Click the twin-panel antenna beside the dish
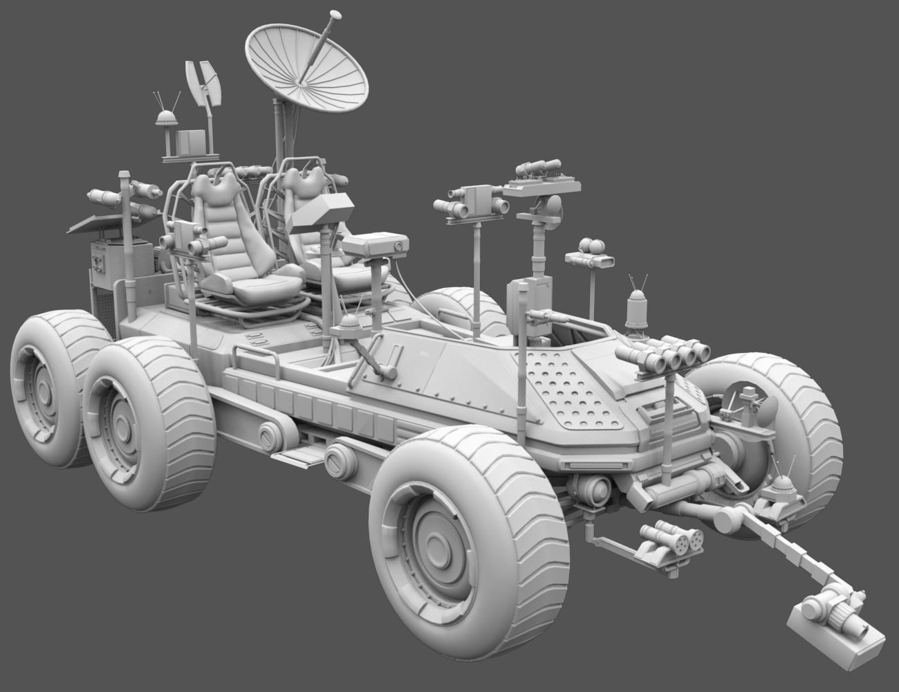point(202,84)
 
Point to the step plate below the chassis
point(297,453)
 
